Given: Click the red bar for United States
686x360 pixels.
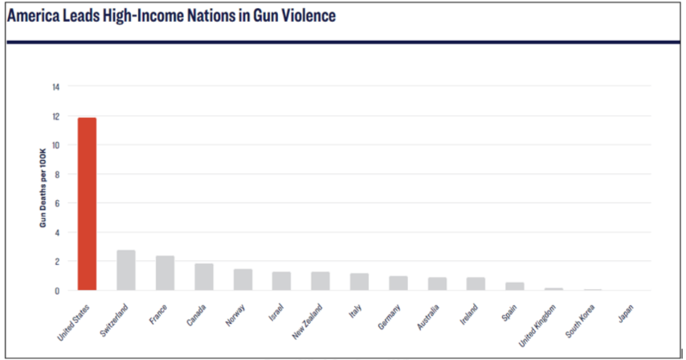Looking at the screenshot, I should click(x=87, y=204).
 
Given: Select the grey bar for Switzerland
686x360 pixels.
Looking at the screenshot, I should click(x=126, y=270).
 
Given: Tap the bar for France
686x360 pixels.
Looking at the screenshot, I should click(x=165, y=273).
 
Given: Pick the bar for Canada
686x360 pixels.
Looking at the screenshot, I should click(x=204, y=277).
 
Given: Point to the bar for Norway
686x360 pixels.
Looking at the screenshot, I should click(x=243, y=280).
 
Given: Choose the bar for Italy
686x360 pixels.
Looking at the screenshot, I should click(x=359, y=282).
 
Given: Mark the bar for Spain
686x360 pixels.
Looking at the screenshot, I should click(x=515, y=286).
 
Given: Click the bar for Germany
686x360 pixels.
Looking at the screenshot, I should click(x=398, y=283).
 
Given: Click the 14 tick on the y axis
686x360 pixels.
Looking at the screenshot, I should click(x=55, y=87).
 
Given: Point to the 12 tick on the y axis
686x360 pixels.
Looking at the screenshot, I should click(x=55, y=116).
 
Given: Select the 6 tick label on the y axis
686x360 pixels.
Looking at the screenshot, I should click(x=57, y=203).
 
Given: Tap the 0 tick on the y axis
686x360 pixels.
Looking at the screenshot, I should click(x=57, y=290).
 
